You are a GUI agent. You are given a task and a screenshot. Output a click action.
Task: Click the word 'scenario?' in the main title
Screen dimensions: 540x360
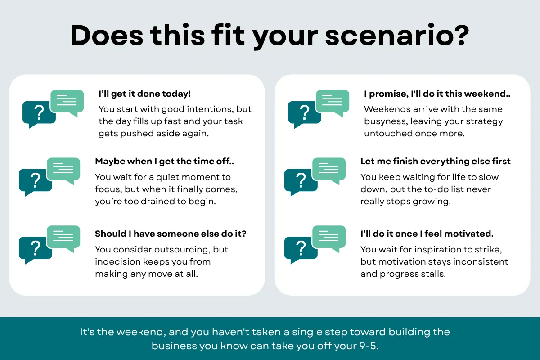coord(397,36)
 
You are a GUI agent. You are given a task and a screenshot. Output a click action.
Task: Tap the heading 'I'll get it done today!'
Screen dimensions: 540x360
coord(145,94)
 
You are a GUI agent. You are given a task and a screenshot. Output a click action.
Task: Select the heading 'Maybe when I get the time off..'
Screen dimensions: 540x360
coord(164,161)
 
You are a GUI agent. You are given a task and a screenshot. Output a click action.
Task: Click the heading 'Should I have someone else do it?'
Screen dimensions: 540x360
coord(171,234)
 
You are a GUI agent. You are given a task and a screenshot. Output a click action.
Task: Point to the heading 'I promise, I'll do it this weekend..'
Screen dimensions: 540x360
coord(437,94)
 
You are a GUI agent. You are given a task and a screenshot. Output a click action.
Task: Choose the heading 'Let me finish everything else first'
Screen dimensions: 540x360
coord(436,161)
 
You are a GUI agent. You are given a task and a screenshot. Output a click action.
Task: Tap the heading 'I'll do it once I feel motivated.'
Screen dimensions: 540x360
coord(427,234)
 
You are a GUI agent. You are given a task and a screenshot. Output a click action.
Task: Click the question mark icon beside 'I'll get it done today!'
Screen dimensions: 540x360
coord(39,112)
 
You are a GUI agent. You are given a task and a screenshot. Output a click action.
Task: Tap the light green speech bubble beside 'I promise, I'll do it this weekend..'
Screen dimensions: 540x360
coord(333,102)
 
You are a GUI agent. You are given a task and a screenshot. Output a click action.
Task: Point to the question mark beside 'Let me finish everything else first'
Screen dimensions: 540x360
coord(301,180)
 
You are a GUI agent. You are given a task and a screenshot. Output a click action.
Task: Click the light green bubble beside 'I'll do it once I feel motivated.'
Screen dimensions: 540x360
coord(329,238)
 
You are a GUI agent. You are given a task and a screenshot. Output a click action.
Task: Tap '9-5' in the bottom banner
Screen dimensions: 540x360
coord(369,346)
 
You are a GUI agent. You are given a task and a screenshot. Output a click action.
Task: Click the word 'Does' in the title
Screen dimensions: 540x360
coord(107,36)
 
